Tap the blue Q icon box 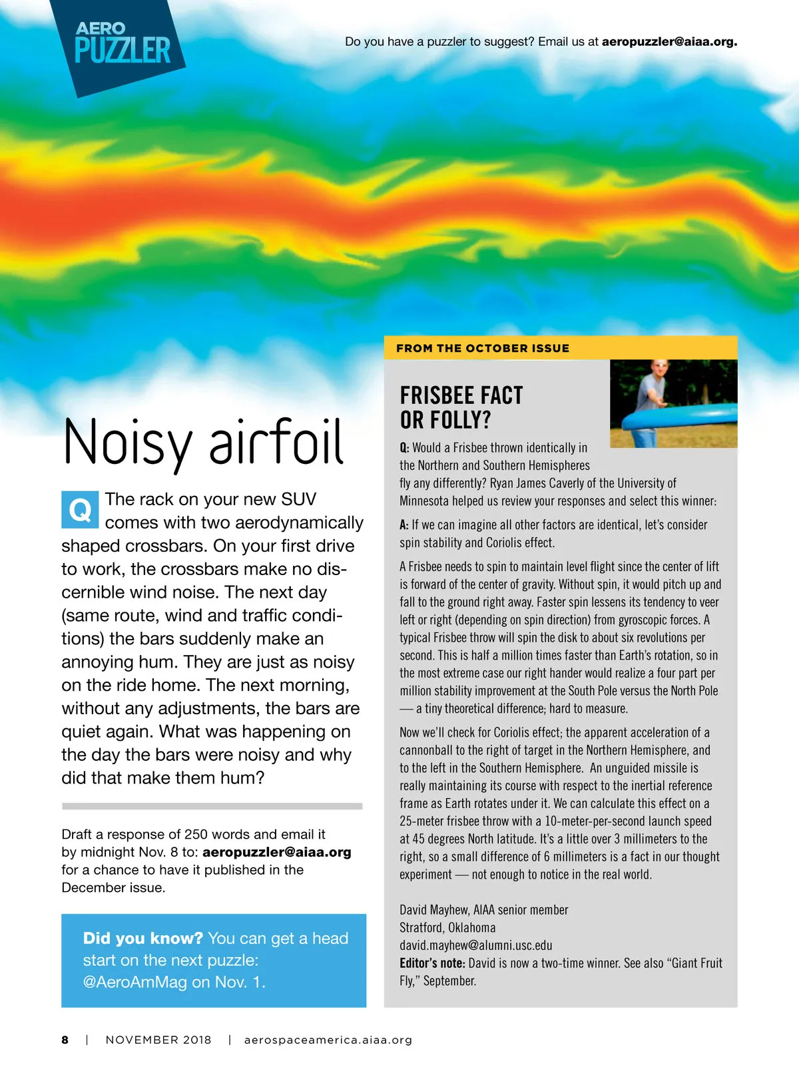[x=80, y=510]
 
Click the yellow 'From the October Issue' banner [x=561, y=348]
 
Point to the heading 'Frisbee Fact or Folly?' [x=461, y=407]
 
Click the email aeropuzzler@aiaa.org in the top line [x=669, y=41]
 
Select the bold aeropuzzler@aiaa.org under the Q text [x=277, y=852]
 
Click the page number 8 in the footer [x=65, y=1040]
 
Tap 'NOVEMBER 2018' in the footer [x=158, y=1040]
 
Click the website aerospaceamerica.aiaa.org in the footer [x=328, y=1040]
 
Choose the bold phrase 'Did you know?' [x=142, y=939]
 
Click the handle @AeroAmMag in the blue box [x=135, y=982]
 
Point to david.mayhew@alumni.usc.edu [x=475, y=945]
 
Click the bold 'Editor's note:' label [x=432, y=963]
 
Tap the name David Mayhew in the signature [x=433, y=910]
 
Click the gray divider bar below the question [x=212, y=806]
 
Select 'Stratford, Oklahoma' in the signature [x=447, y=928]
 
